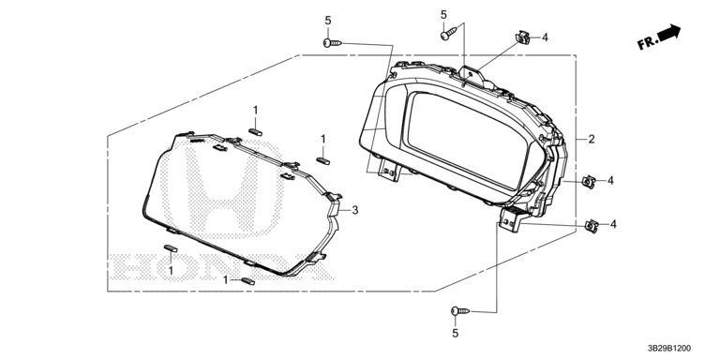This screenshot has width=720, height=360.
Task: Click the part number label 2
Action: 592,139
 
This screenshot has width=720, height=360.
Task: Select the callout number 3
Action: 355,211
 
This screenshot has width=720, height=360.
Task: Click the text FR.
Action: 647,44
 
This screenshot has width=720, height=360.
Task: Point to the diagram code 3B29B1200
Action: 669,349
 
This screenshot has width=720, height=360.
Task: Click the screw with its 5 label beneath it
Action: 460,311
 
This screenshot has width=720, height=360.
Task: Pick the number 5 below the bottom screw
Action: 455,334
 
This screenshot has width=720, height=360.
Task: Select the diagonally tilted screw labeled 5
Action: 449,34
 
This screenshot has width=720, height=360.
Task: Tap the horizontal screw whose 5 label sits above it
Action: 333,43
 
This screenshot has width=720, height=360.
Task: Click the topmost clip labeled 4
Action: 522,37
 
